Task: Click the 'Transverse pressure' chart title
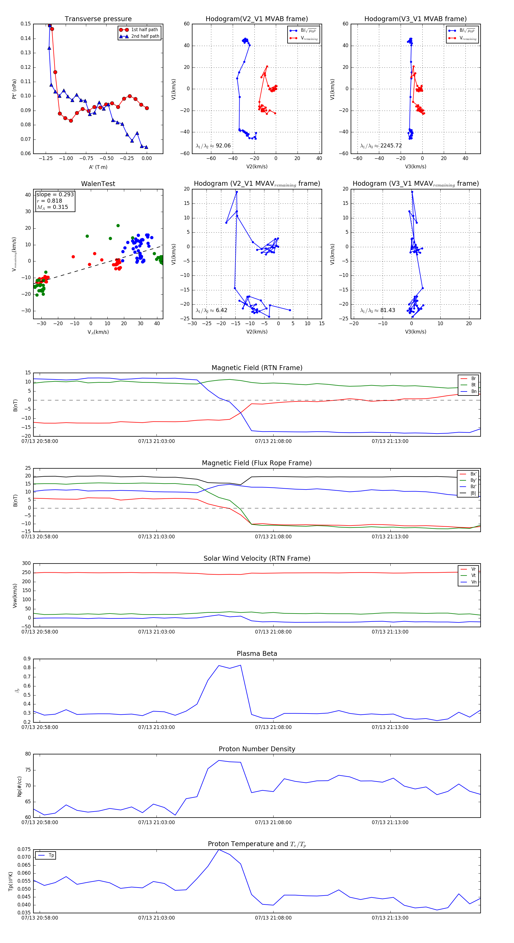click(x=98, y=19)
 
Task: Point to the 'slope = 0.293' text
click(x=55, y=194)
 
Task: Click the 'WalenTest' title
click(x=98, y=184)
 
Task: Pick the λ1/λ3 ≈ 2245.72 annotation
click(x=381, y=146)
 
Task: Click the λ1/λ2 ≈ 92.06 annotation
click(x=213, y=146)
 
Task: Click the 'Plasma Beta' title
click(x=257, y=654)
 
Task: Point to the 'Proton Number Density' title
click(x=257, y=749)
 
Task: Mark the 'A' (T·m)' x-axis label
click(x=98, y=167)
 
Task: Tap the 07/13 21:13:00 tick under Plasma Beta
click(x=390, y=727)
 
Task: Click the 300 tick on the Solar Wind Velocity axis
click(x=26, y=564)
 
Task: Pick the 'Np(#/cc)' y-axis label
click(x=19, y=786)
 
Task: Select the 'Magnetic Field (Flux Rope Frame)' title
click(x=257, y=463)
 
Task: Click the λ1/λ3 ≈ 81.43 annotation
click(x=378, y=310)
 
